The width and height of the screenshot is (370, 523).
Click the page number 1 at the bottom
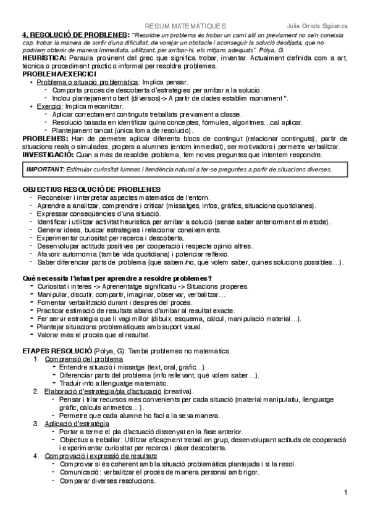point(347,492)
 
